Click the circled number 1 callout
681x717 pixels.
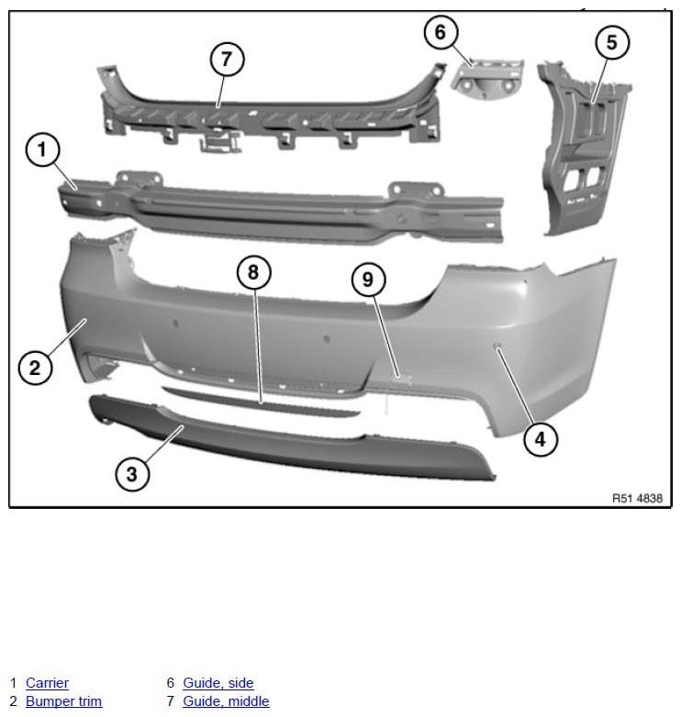point(42,149)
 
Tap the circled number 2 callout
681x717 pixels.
point(35,368)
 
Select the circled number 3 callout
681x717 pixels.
point(132,474)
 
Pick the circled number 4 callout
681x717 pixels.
point(541,439)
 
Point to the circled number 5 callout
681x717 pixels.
point(612,42)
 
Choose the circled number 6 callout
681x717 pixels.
point(441,32)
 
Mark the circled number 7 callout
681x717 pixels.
point(227,60)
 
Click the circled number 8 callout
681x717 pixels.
point(254,272)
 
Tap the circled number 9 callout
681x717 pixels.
point(368,280)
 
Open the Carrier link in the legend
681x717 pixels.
point(47,683)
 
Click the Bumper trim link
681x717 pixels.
point(63,701)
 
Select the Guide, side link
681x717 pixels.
point(218,683)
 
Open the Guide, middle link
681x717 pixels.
point(226,701)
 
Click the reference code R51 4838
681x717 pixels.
point(637,498)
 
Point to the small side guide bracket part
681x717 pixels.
point(487,78)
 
